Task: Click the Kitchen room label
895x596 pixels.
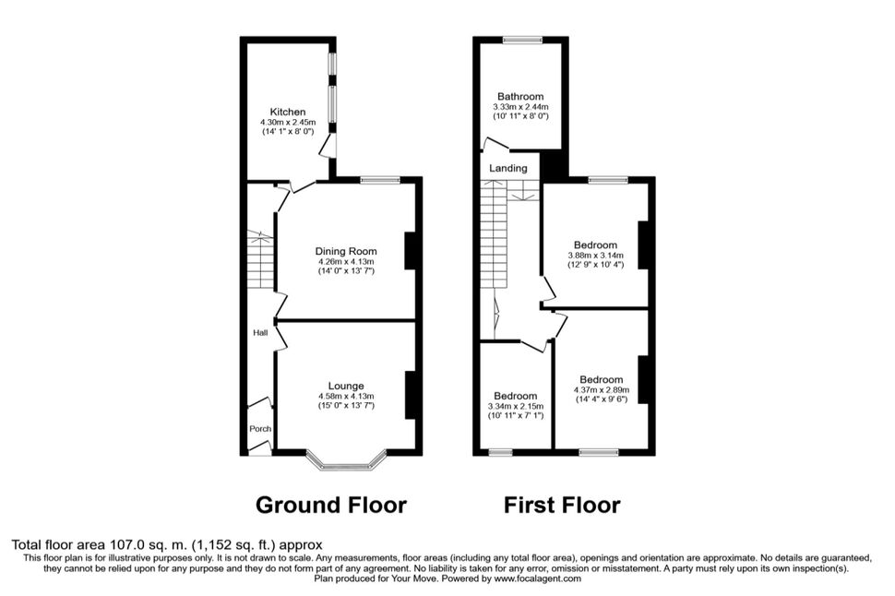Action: pyautogui.click(x=288, y=112)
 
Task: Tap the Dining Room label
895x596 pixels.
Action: pyautogui.click(x=346, y=251)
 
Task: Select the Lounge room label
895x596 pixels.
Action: pyautogui.click(x=346, y=386)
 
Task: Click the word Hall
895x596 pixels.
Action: pyautogui.click(x=260, y=333)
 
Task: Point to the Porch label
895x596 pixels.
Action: pyautogui.click(x=260, y=429)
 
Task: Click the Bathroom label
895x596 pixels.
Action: pyautogui.click(x=520, y=97)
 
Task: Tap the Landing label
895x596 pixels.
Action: pyautogui.click(x=508, y=169)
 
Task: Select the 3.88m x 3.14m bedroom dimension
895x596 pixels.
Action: pyautogui.click(x=595, y=256)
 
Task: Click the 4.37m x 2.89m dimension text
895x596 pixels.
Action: pyautogui.click(x=601, y=390)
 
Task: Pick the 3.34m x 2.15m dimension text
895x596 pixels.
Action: pyautogui.click(x=516, y=407)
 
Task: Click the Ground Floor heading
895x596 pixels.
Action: pyautogui.click(x=331, y=506)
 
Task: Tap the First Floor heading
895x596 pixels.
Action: pyautogui.click(x=562, y=506)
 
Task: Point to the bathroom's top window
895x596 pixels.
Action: pyautogui.click(x=522, y=40)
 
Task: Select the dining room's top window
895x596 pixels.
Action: pyautogui.click(x=380, y=181)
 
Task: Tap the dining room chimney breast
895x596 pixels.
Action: pyautogui.click(x=411, y=250)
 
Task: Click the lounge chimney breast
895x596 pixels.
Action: pyautogui.click(x=411, y=395)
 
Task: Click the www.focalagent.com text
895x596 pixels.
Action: pyautogui.click(x=537, y=578)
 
